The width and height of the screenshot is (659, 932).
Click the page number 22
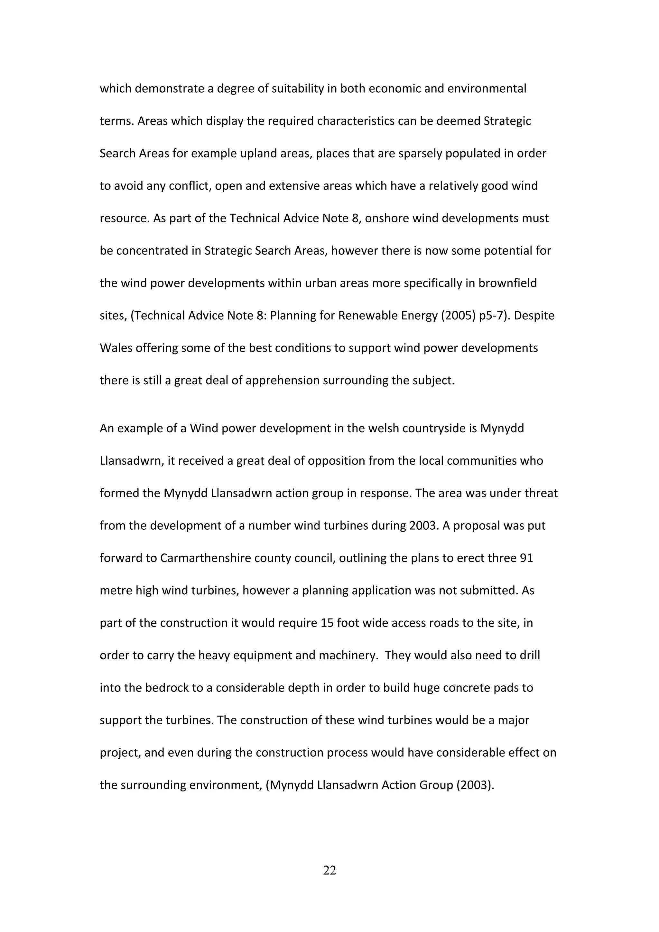[x=329, y=870]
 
